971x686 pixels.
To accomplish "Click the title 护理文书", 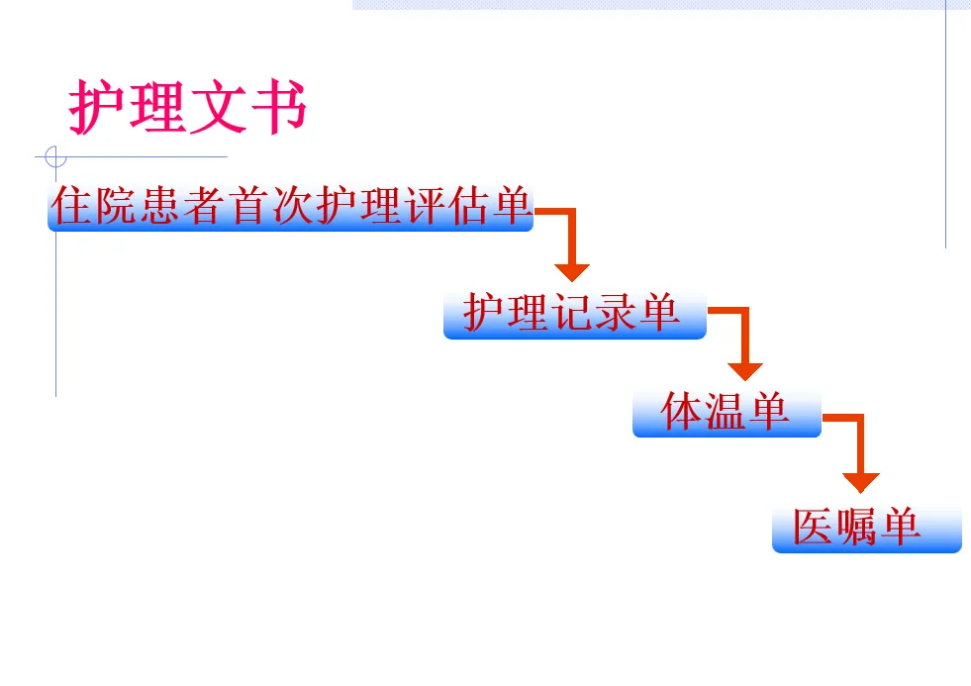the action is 188,107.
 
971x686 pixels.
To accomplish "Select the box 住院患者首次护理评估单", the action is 290,207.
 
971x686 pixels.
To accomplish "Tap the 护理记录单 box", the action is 574,315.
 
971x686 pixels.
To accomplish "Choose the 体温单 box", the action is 727,413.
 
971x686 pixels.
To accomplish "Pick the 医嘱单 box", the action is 866,529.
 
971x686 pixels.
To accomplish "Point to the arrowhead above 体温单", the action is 745,371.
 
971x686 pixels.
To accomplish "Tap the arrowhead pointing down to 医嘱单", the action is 861,482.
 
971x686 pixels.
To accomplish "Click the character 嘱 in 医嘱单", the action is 857,528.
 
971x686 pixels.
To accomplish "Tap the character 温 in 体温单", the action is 727,412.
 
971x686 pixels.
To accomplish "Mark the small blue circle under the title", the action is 55,156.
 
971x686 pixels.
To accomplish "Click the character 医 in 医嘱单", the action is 813,528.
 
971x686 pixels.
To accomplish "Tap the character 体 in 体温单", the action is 682,412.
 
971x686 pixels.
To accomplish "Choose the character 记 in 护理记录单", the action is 572,314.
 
